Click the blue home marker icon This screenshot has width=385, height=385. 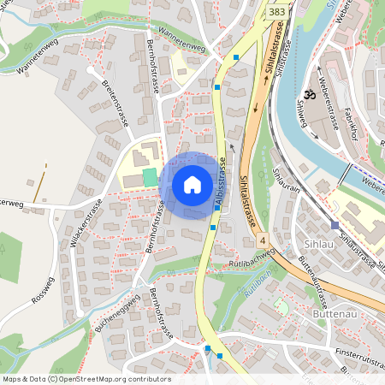[x=192, y=184]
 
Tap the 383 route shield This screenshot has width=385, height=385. [x=276, y=12]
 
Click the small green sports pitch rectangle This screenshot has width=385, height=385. [x=150, y=177]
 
